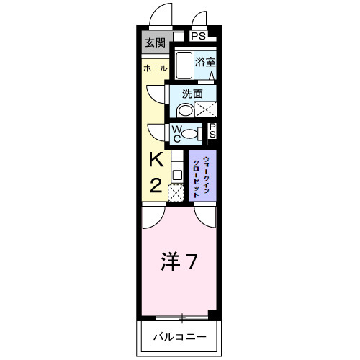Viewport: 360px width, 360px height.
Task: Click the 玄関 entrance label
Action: tap(155, 43)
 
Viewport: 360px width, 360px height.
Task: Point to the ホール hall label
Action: tap(155, 68)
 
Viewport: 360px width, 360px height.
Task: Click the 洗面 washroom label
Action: tap(192, 93)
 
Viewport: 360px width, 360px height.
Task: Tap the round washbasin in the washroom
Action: tap(185, 110)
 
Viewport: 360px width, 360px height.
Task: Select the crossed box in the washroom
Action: tap(207, 110)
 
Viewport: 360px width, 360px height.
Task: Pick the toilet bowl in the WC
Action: tap(191, 132)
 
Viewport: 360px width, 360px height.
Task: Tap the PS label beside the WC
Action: tap(212, 131)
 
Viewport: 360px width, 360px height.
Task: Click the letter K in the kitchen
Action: tap(156, 160)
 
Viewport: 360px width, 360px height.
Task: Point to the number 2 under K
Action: tap(156, 185)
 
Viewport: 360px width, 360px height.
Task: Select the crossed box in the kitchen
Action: tap(175, 192)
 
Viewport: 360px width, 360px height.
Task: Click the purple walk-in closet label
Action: tap(201, 176)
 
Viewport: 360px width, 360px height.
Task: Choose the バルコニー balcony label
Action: tap(180, 337)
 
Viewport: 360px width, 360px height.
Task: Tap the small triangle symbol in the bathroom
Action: tap(211, 75)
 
